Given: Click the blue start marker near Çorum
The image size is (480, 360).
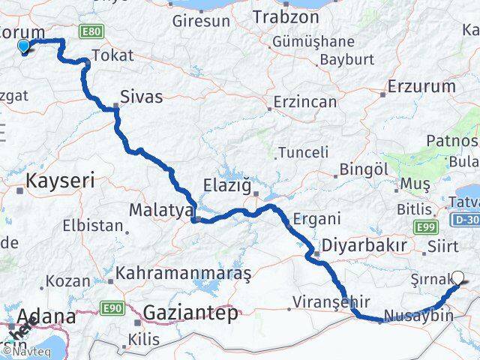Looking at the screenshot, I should tap(24, 46).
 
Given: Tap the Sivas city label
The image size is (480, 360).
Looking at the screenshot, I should tap(142, 95).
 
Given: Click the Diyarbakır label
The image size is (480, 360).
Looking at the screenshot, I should tap(364, 245).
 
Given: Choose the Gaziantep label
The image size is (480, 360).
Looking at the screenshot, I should tap(190, 312).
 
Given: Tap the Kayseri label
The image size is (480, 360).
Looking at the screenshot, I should tap(59, 181).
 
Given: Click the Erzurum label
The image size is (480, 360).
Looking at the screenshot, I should tap(421, 87).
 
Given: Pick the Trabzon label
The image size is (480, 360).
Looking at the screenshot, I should tap(281, 16).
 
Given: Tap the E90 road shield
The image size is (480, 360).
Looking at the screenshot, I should tap(113, 308).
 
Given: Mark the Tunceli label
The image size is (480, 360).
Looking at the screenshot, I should tap(303, 152).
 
